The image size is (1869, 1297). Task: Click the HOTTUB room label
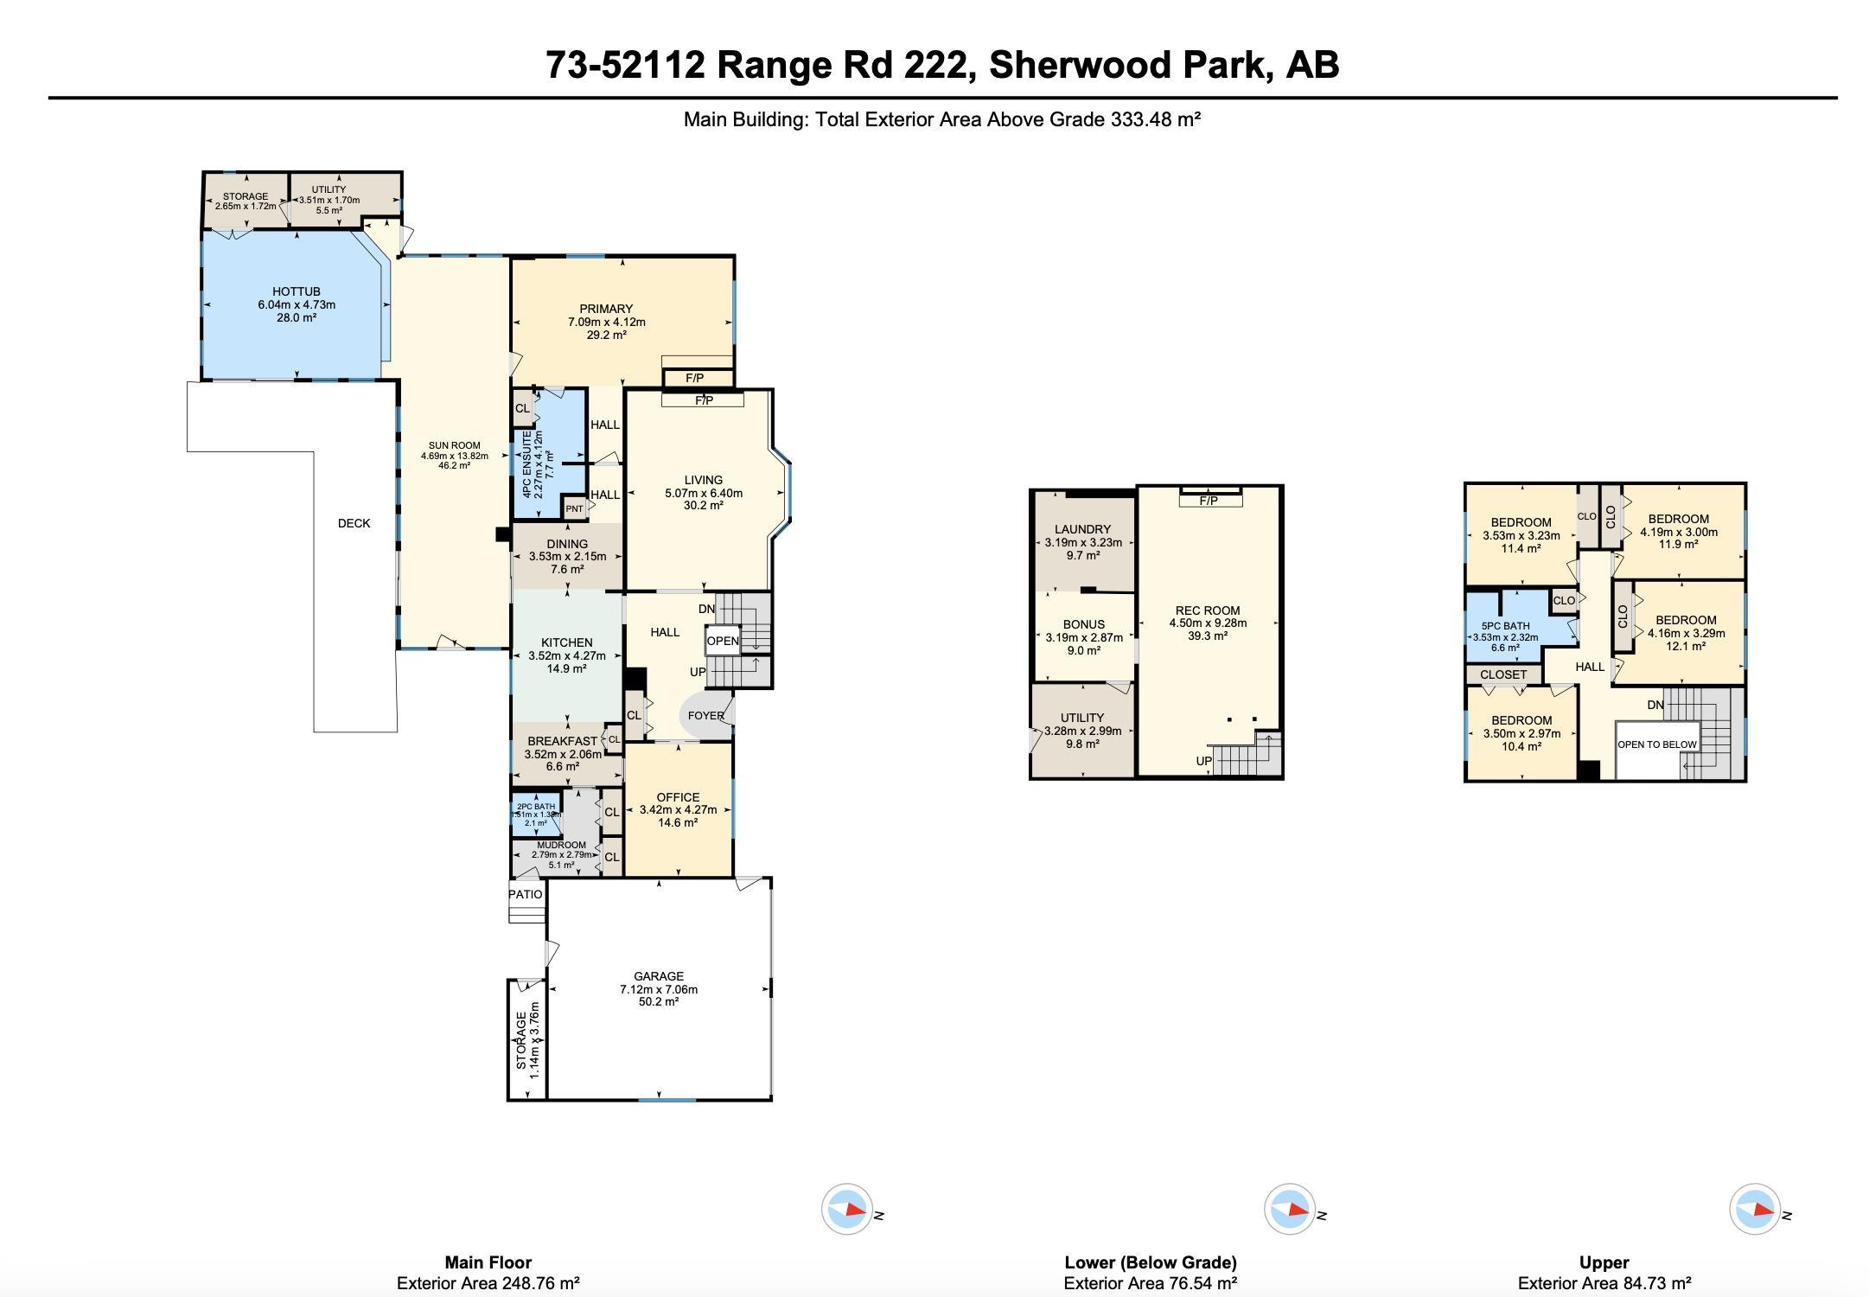[x=296, y=292]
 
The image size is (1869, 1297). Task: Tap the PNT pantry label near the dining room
[x=574, y=509]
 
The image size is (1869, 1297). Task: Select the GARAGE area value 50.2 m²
[x=658, y=1002]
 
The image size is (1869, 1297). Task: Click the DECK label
[x=354, y=523]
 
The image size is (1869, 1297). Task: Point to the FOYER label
[x=705, y=716]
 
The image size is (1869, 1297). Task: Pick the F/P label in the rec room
[x=1209, y=502]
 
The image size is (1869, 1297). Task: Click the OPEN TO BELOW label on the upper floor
[x=1656, y=744]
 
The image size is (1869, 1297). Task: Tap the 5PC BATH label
[x=1505, y=626]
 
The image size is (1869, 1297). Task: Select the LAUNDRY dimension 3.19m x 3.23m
[x=1083, y=543]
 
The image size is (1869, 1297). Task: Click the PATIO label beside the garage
[x=526, y=894]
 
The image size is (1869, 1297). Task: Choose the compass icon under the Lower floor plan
[x=1289, y=1209]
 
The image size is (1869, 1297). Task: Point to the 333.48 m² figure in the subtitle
[x=1155, y=119]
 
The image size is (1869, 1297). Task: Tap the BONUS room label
[x=1083, y=624]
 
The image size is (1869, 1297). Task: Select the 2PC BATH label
[x=536, y=807]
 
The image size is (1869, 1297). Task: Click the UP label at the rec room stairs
[x=1203, y=761]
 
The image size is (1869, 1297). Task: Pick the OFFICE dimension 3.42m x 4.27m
[x=678, y=810]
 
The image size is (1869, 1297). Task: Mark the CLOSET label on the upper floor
[x=1503, y=674]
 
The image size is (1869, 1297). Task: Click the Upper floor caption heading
[x=1604, y=1262]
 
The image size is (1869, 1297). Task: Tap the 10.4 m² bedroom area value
[x=1521, y=746]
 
